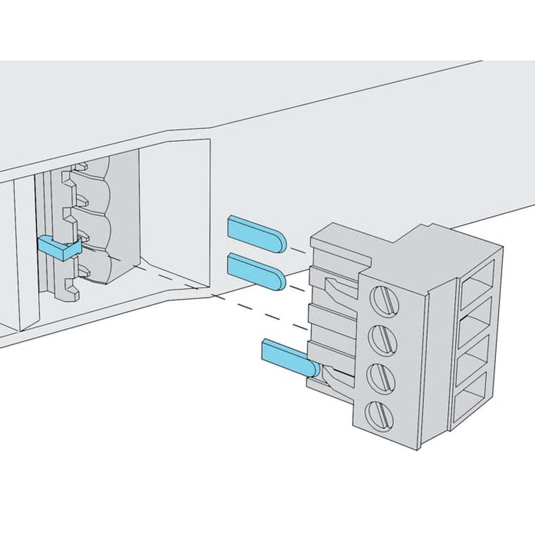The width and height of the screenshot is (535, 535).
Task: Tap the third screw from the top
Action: tap(380, 374)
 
